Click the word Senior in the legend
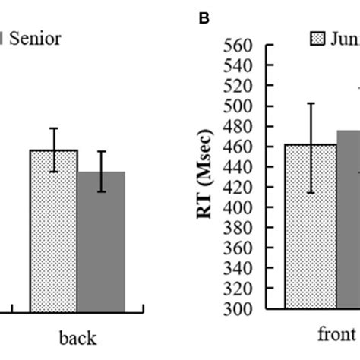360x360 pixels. tap(33, 37)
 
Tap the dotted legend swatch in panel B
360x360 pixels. tap(316, 38)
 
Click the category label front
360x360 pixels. tap(336, 334)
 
